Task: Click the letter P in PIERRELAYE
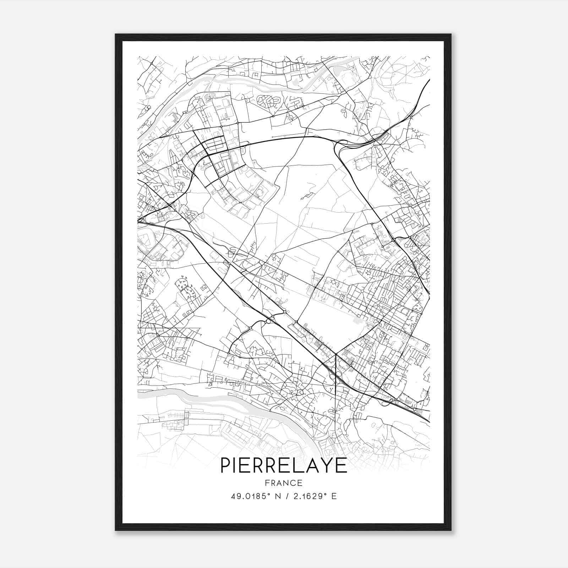tap(226, 465)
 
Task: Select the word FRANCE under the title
tap(284, 483)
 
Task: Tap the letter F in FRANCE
tap(267, 483)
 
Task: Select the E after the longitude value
tap(334, 496)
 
